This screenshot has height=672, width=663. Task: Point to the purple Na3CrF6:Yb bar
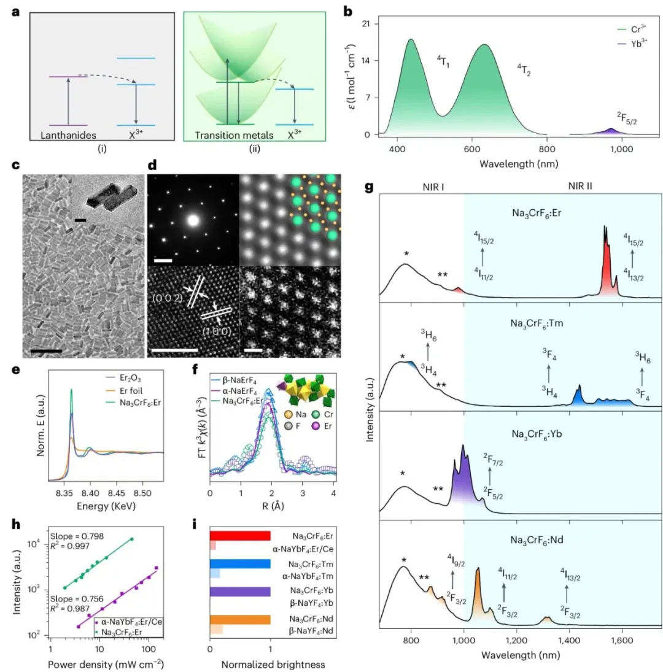tap(240, 592)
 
